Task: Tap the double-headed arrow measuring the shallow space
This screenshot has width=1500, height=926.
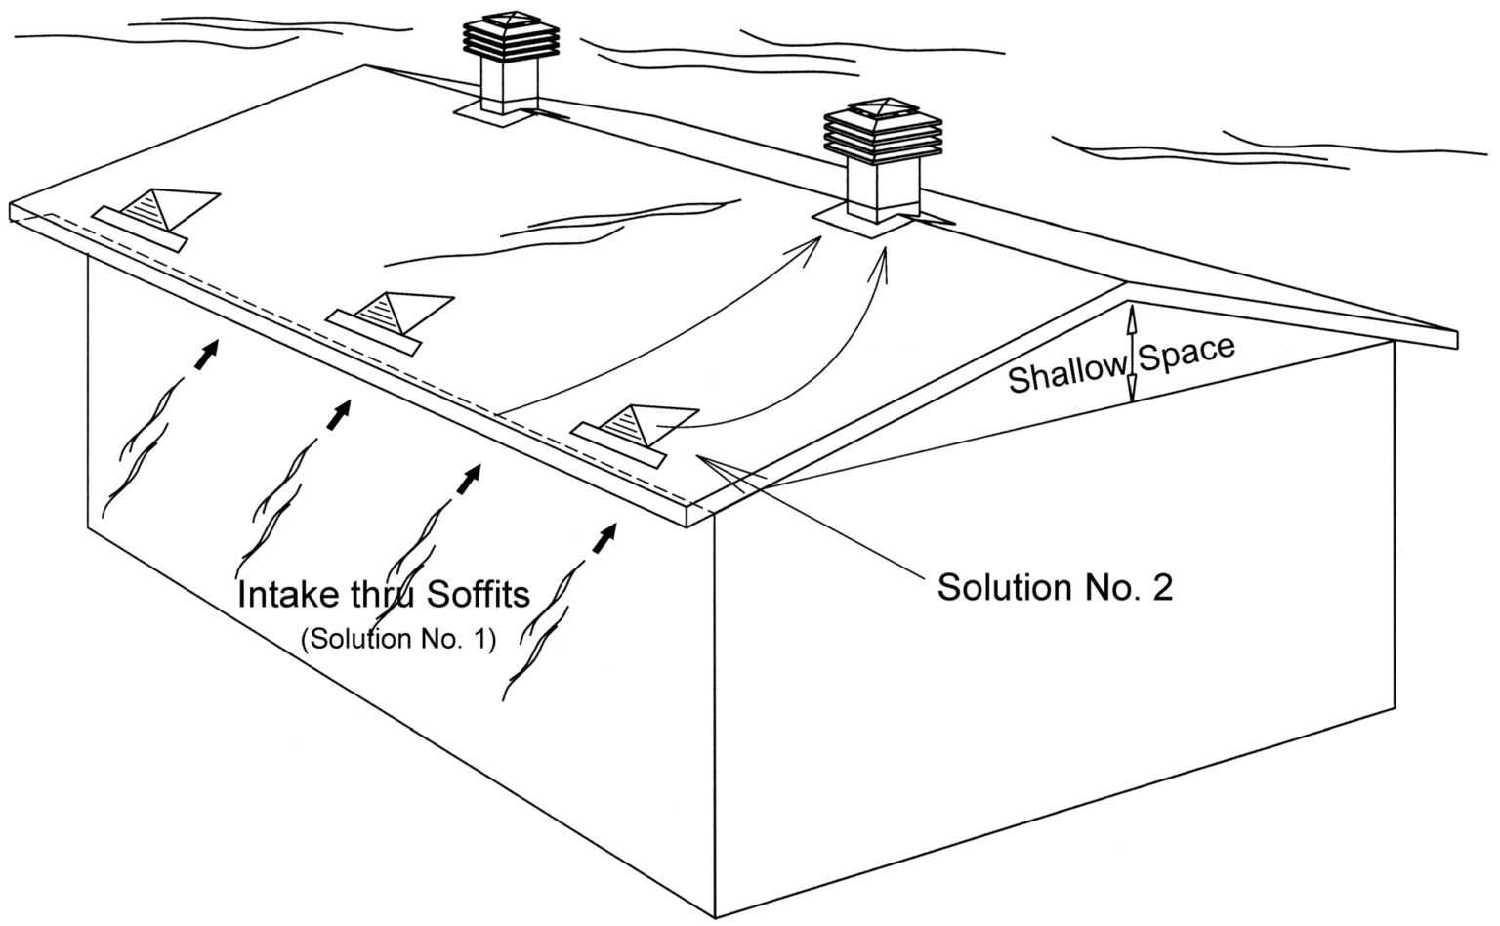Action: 1131,354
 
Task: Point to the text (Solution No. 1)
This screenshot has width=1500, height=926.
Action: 398,640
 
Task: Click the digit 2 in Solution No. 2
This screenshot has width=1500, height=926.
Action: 1161,587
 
